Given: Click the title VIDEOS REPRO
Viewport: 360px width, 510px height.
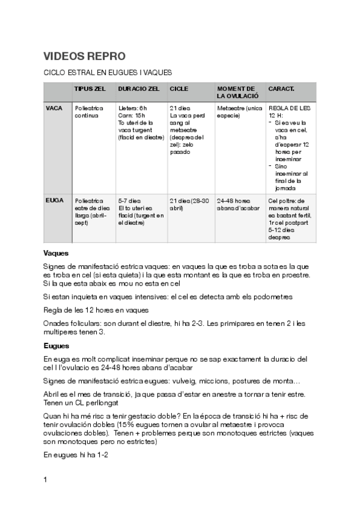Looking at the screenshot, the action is (84, 57).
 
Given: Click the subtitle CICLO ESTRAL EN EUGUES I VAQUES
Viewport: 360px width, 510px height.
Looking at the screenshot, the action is (108, 73).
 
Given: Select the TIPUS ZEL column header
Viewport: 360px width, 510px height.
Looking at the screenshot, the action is (90, 88).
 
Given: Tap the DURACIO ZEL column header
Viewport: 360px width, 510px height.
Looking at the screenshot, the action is (139, 88).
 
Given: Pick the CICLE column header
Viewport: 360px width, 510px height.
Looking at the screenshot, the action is (178, 88).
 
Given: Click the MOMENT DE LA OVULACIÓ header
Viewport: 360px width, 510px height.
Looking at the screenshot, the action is (237, 92).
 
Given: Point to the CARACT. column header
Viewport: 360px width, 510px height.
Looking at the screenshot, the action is (281, 88).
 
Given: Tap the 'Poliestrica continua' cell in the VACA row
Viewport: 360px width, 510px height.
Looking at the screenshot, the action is (88, 111).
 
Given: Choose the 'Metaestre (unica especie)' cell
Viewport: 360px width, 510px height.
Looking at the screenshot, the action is (239, 111).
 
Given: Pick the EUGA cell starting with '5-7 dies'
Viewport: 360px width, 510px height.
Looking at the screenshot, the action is (141, 211).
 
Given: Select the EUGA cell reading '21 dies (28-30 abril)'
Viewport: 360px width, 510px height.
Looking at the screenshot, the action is (189, 204).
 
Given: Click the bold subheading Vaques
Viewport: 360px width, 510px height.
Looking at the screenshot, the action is (56, 253).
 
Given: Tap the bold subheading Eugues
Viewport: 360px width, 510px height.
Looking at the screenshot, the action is (56, 346).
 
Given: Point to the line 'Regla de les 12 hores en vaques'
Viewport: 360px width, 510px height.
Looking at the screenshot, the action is (96, 310).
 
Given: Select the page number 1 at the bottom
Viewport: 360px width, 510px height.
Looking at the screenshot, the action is (46, 480).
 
